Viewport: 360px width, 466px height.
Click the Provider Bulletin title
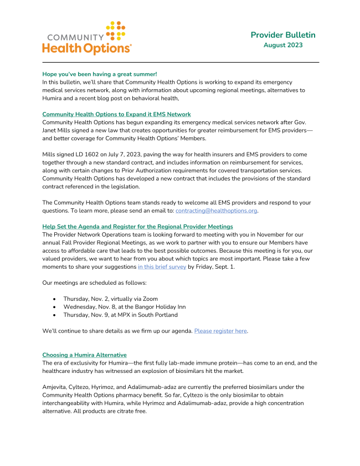pyautogui.click(x=282, y=35)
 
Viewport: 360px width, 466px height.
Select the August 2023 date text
pyautogui.click(x=282, y=45)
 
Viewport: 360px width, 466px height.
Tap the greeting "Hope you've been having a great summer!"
pyautogui.click(x=100, y=74)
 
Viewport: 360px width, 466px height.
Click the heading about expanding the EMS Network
pyautogui.click(x=116, y=114)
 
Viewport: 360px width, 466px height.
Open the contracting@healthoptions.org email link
pyautogui.click(x=217, y=211)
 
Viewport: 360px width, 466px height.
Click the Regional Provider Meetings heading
pyautogui.click(x=137, y=227)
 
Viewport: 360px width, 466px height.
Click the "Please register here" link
pyautogui.click(x=220, y=331)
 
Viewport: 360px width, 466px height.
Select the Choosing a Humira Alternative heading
pyautogui.click(x=84, y=355)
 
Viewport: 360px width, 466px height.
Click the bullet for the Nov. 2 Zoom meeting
pyautogui.click(x=54, y=299)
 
